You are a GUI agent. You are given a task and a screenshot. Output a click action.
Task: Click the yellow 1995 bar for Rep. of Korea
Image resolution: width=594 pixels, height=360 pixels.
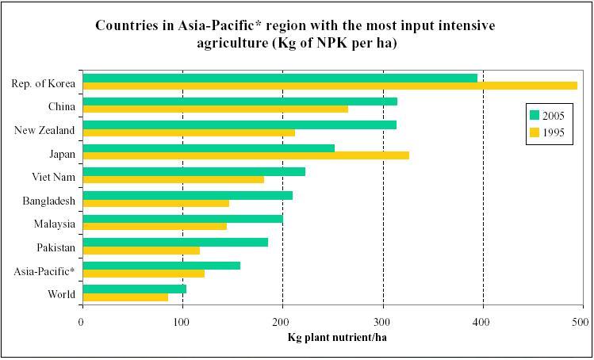point(329,86)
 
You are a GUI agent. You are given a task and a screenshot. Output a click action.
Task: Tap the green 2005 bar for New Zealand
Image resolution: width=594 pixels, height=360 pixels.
point(239,124)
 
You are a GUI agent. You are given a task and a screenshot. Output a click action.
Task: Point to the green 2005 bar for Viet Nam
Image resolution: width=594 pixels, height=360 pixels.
point(194,171)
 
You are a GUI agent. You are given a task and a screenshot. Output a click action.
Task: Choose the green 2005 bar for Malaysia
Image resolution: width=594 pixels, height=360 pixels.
point(182,218)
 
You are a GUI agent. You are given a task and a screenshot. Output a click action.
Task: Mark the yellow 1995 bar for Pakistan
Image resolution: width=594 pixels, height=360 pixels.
point(140,251)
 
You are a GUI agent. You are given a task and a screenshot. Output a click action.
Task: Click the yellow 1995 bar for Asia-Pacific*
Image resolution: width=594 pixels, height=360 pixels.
point(143,274)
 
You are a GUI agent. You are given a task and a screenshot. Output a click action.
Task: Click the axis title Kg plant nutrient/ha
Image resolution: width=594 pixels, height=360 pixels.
point(336,336)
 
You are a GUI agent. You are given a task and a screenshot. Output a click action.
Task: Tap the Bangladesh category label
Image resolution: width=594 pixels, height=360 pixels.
point(48,201)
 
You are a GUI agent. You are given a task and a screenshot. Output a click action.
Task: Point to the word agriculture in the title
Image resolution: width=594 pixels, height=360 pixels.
point(232,43)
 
